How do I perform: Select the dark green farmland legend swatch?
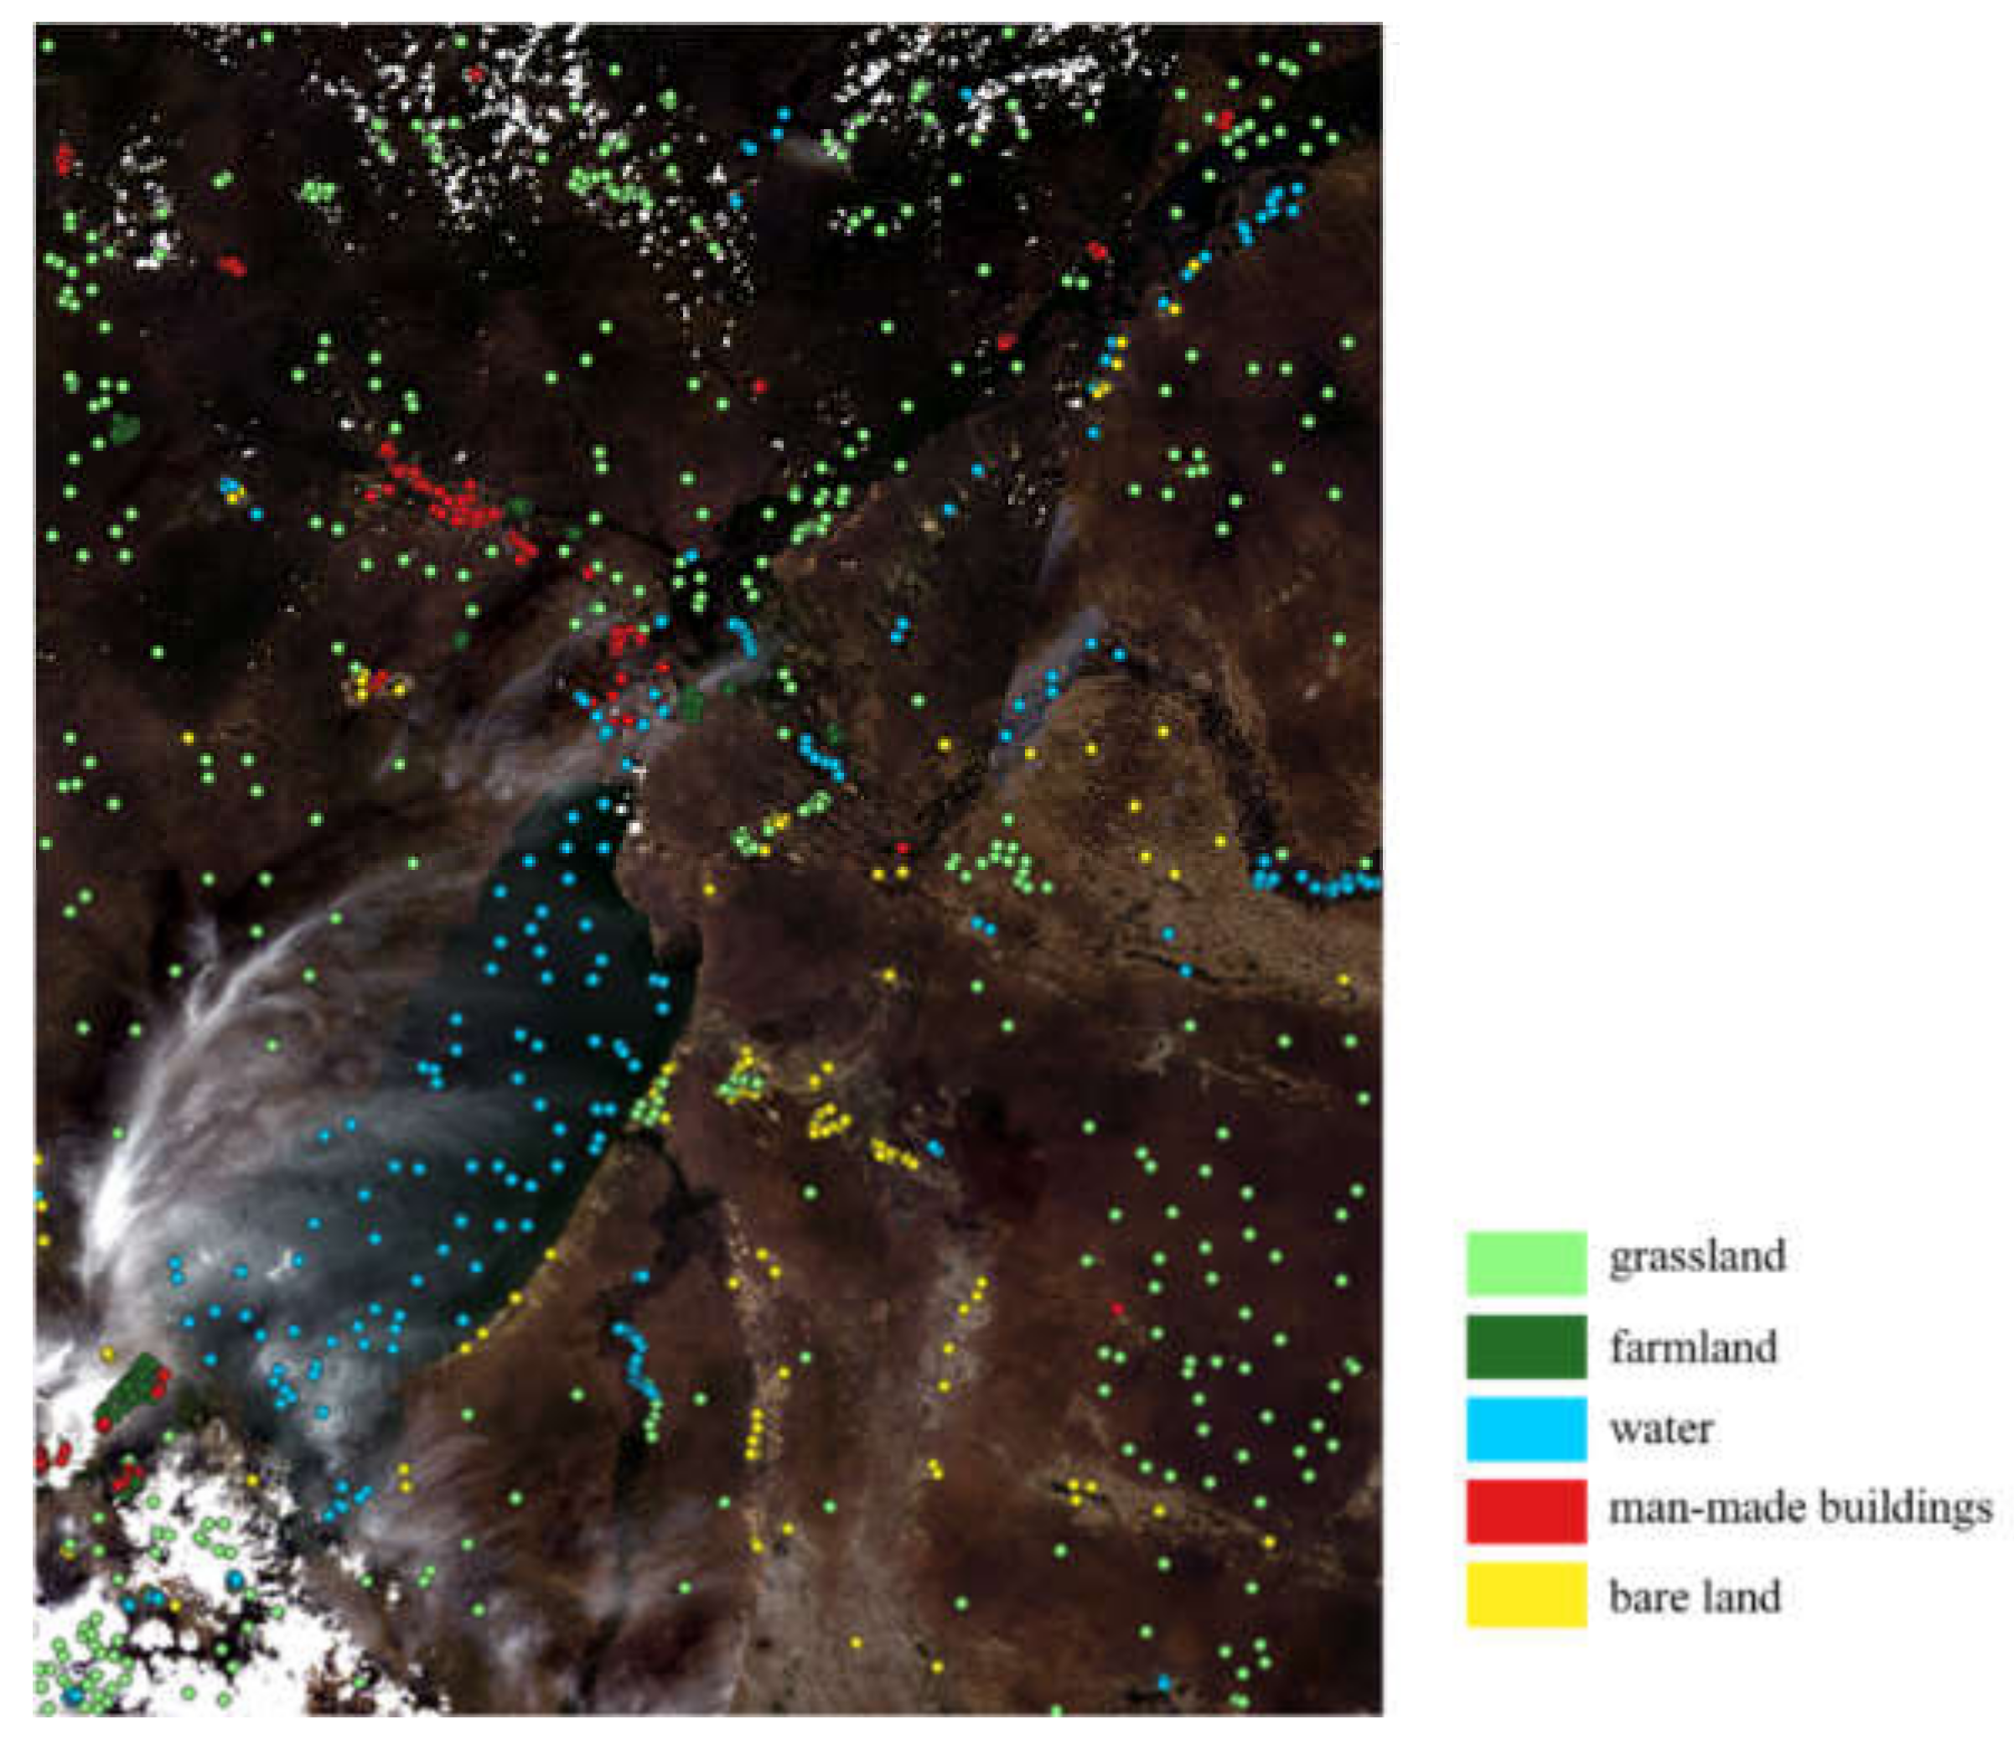click(x=1526, y=1346)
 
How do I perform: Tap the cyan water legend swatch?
click(x=1526, y=1429)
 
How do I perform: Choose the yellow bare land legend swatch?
click(x=1526, y=1594)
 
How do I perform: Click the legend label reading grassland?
click(x=1697, y=1256)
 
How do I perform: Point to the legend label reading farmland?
click(x=1693, y=1347)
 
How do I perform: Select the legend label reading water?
click(x=1660, y=1429)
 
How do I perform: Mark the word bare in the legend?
click(x=1644, y=1596)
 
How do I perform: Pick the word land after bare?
click(x=1740, y=1596)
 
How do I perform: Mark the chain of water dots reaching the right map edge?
click(x=1317, y=883)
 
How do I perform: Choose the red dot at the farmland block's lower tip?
click(x=103, y=1424)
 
